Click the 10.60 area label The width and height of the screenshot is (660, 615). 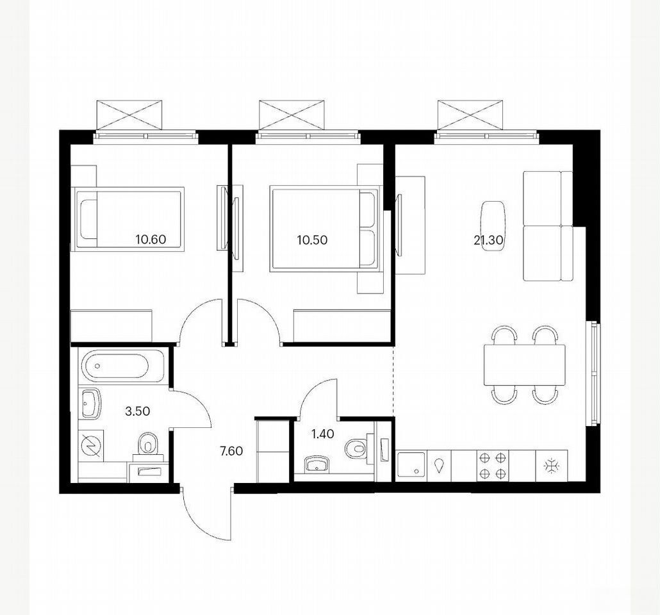pos(151,240)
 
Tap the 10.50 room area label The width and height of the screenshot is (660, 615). pos(312,240)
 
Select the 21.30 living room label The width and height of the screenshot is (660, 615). pos(489,240)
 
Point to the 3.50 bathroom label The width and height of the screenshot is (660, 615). pos(138,411)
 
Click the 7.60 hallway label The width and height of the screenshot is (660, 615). pos(231,451)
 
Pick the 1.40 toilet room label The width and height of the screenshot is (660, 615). pos(323,434)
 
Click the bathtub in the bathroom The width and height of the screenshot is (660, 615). pos(116,366)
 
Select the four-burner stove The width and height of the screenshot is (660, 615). pos(493,465)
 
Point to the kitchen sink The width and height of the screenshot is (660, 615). pos(412,465)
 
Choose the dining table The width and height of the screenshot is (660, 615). pos(524,365)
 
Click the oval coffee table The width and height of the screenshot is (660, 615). pos(493,226)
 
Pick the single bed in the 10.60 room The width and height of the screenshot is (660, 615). pos(128,219)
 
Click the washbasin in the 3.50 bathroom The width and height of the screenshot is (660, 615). pos(91,403)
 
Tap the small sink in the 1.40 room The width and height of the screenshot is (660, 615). pos(318,464)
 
